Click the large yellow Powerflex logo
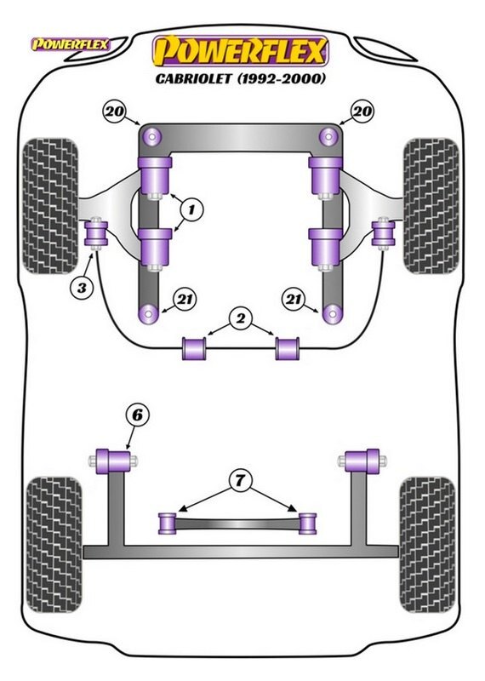240,52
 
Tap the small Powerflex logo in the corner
70,44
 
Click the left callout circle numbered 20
114,112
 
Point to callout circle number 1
191,210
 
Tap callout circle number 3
82,287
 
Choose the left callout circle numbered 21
185,299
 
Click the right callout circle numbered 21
294,299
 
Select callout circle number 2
240,319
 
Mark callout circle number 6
137,415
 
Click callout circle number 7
239,481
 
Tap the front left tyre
52,206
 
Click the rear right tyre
428,546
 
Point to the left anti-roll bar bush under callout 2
195,348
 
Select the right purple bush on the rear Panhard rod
307,523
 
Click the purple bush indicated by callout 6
114,461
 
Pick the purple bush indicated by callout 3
95,232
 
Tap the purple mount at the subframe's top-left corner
151,137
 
